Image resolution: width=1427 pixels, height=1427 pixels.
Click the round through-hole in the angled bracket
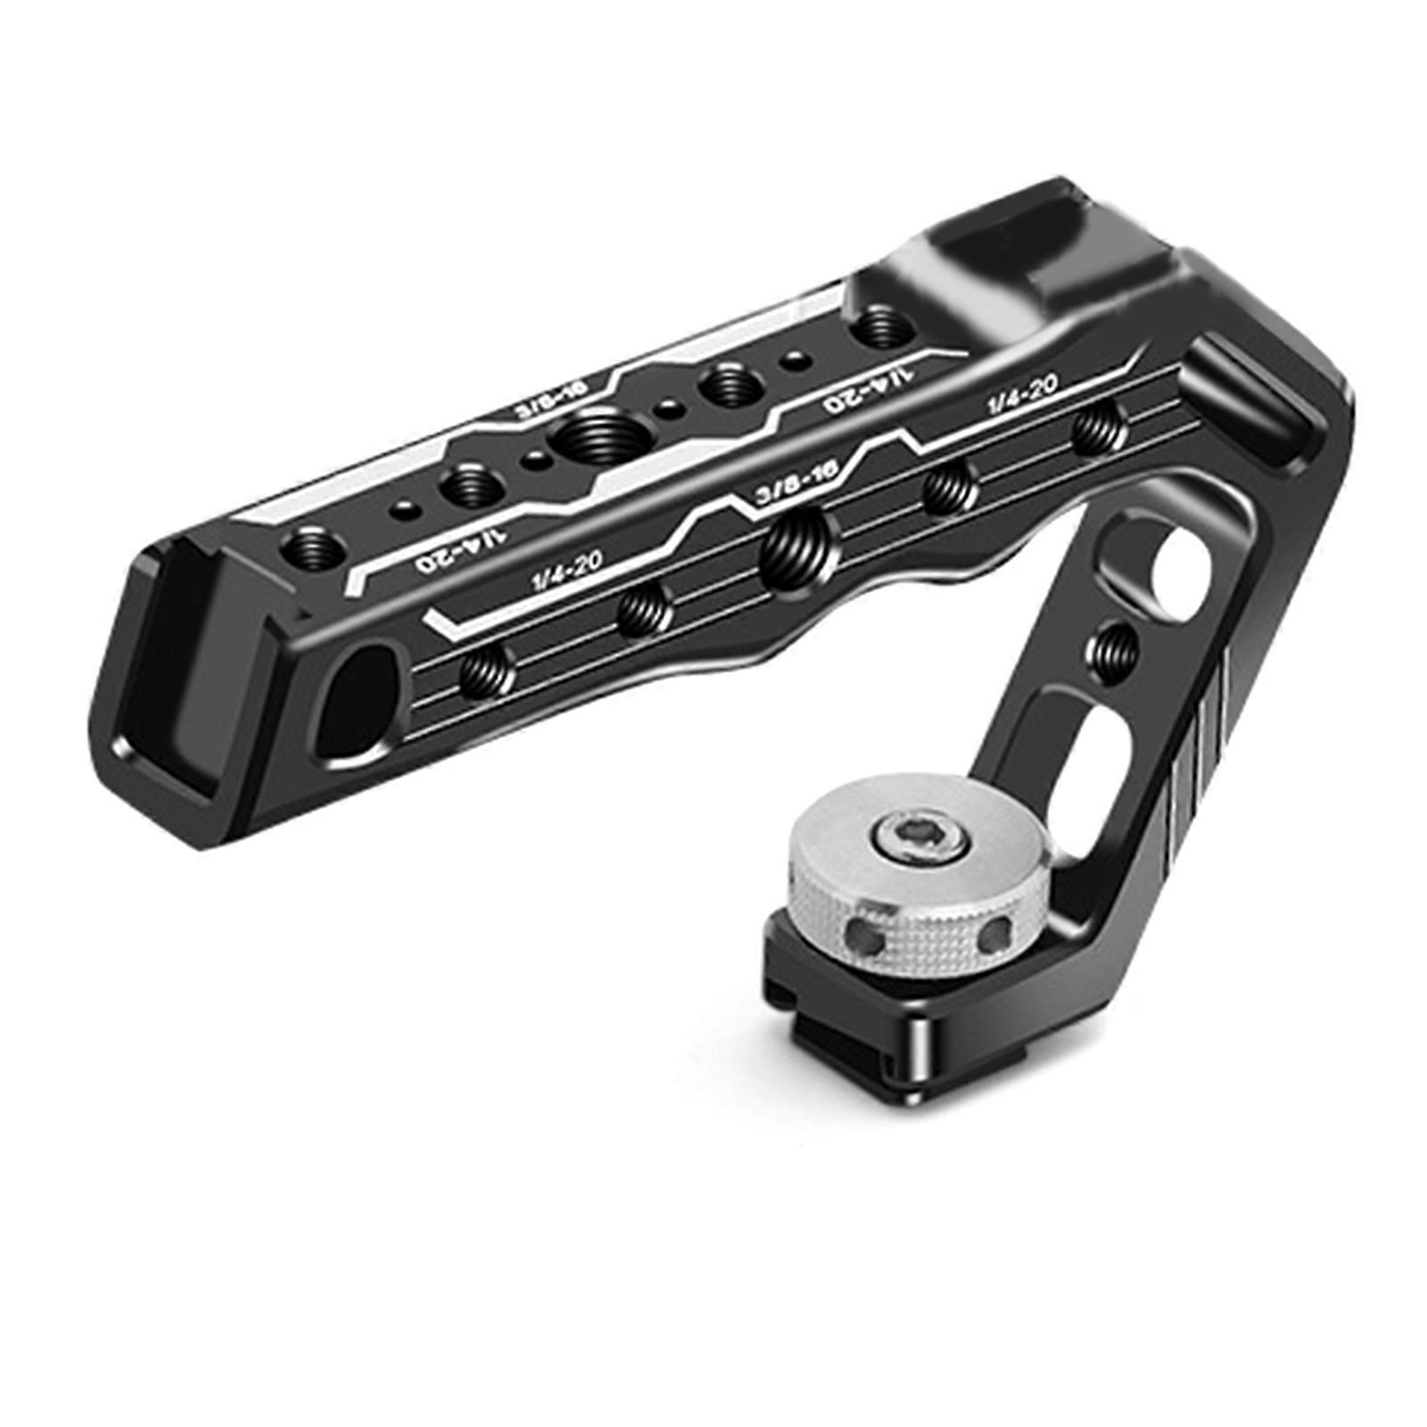(1175, 571)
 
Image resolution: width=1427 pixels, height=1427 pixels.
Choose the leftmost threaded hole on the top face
(308, 547)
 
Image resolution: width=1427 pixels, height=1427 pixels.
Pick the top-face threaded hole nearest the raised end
(878, 327)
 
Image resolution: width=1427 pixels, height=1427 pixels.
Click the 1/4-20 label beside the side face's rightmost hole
(1021, 394)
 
